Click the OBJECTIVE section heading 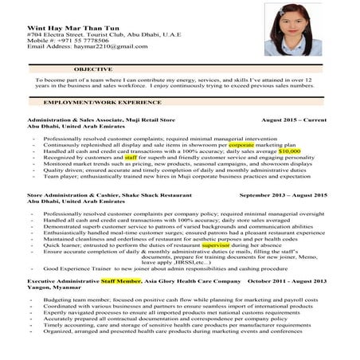point(93,71)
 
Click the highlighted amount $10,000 point(284,151)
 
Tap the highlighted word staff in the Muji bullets point(131,158)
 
